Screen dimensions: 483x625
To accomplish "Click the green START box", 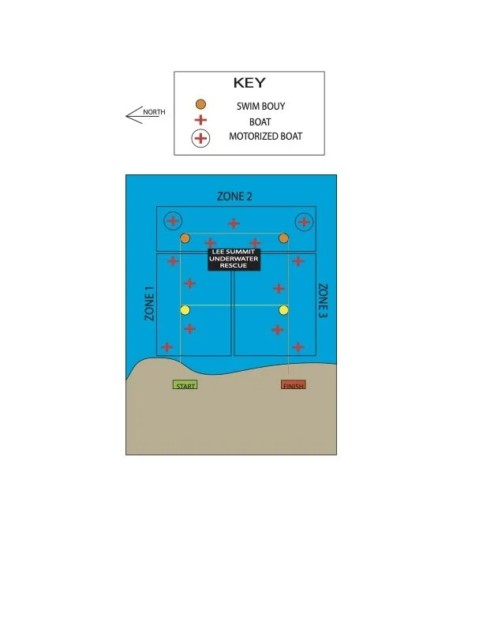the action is point(185,385).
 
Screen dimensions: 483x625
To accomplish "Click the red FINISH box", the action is point(294,385).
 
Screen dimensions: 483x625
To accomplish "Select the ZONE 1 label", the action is point(148,303).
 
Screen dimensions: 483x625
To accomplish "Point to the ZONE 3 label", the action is point(322,301).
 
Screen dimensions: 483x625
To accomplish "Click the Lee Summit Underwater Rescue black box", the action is point(234,259).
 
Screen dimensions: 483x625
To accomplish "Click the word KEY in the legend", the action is point(249,83).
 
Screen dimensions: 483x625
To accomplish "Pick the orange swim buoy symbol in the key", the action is point(201,104).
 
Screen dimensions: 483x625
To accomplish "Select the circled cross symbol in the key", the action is point(201,138).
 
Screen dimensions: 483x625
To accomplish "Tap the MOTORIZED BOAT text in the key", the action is point(265,137).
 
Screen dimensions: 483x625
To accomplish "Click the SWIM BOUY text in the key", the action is point(260,105).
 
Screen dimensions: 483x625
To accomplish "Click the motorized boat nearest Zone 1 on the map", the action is point(172,221).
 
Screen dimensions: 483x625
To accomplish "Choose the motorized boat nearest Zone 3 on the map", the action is point(303,222).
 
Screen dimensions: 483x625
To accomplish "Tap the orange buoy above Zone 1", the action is point(185,238).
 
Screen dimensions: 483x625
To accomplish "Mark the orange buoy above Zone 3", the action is point(283,238).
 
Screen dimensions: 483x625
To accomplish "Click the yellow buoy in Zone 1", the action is point(185,310).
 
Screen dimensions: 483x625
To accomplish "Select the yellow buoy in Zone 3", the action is point(283,310).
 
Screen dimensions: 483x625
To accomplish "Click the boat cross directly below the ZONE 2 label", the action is point(234,223).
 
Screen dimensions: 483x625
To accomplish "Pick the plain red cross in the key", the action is point(201,121).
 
